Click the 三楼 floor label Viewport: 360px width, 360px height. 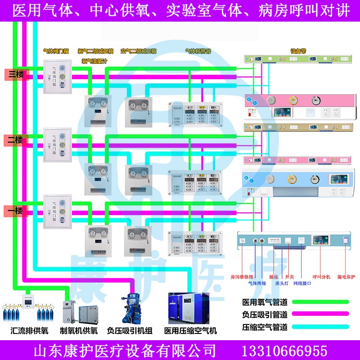(x=16, y=74)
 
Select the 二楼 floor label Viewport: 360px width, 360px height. (x=16, y=140)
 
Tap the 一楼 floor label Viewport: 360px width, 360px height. (x=16, y=210)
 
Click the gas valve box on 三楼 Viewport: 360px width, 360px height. (x=58, y=77)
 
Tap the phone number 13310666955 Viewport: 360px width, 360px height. (x=285, y=351)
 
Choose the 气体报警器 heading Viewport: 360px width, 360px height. (x=198, y=51)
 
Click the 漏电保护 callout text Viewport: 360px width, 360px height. (x=346, y=277)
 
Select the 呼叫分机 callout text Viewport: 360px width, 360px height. (x=321, y=277)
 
